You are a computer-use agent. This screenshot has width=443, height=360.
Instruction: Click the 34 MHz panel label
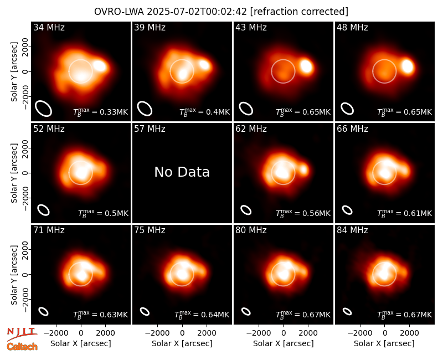click(x=49, y=27)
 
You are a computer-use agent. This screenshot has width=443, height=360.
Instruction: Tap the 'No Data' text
click(x=182, y=172)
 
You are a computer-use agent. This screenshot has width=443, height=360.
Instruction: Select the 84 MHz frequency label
click(x=352, y=230)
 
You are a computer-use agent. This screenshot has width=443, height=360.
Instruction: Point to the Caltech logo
click(x=22, y=347)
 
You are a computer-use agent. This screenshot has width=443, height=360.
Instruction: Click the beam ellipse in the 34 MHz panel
click(x=44, y=109)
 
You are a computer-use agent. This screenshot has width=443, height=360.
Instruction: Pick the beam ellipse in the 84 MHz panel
click(x=347, y=311)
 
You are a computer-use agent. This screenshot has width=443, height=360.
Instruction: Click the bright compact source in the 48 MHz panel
click(x=408, y=66)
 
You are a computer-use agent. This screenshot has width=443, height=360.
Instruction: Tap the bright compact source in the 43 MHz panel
click(x=307, y=66)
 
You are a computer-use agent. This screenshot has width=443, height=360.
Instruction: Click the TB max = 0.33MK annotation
click(x=101, y=112)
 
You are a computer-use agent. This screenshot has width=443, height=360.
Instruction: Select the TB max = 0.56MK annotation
click(x=303, y=213)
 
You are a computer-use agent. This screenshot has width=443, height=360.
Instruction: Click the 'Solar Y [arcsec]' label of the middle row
click(x=14, y=173)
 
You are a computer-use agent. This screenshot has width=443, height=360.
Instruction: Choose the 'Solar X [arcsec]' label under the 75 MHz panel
click(x=182, y=343)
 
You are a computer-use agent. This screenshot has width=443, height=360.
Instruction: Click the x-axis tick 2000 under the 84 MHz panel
click(x=409, y=333)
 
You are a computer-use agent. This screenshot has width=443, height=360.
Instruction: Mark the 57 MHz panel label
click(x=150, y=129)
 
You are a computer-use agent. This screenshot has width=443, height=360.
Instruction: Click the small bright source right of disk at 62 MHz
click(x=303, y=170)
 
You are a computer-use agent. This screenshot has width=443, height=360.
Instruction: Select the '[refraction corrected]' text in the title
click(x=299, y=12)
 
